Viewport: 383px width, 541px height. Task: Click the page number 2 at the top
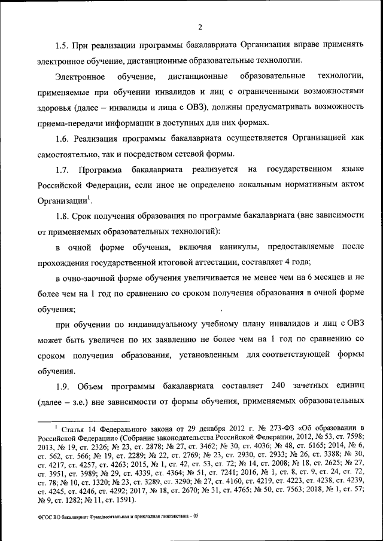tap(200, 26)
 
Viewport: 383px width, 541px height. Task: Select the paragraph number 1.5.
tap(63, 45)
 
